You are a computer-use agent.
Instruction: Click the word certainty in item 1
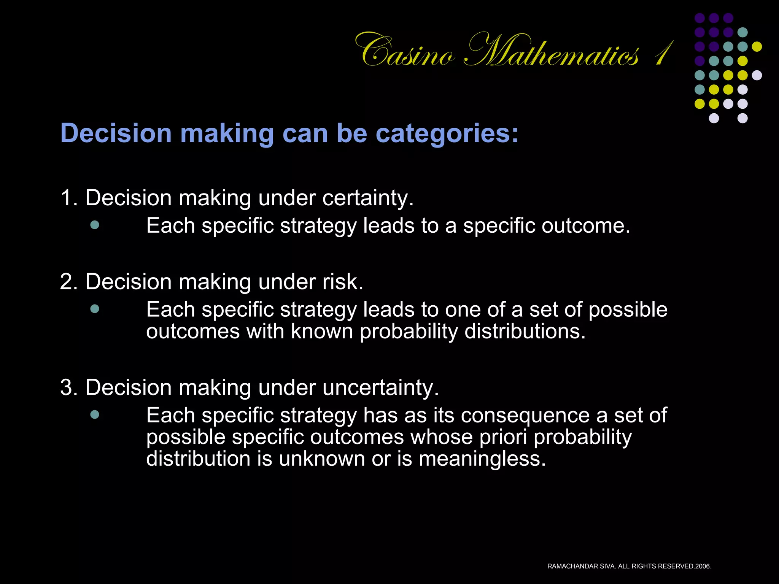(368, 198)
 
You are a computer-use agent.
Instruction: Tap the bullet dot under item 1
(95, 225)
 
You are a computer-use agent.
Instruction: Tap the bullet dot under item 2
(95, 309)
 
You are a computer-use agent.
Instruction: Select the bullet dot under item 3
(95, 414)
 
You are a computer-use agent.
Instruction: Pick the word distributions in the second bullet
(525, 332)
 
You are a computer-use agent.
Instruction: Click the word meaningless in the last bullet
(482, 459)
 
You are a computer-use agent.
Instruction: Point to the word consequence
(525, 415)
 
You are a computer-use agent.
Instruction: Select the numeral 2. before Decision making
(68, 282)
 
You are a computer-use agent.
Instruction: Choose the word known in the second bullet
(322, 332)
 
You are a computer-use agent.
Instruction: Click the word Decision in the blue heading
(116, 134)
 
